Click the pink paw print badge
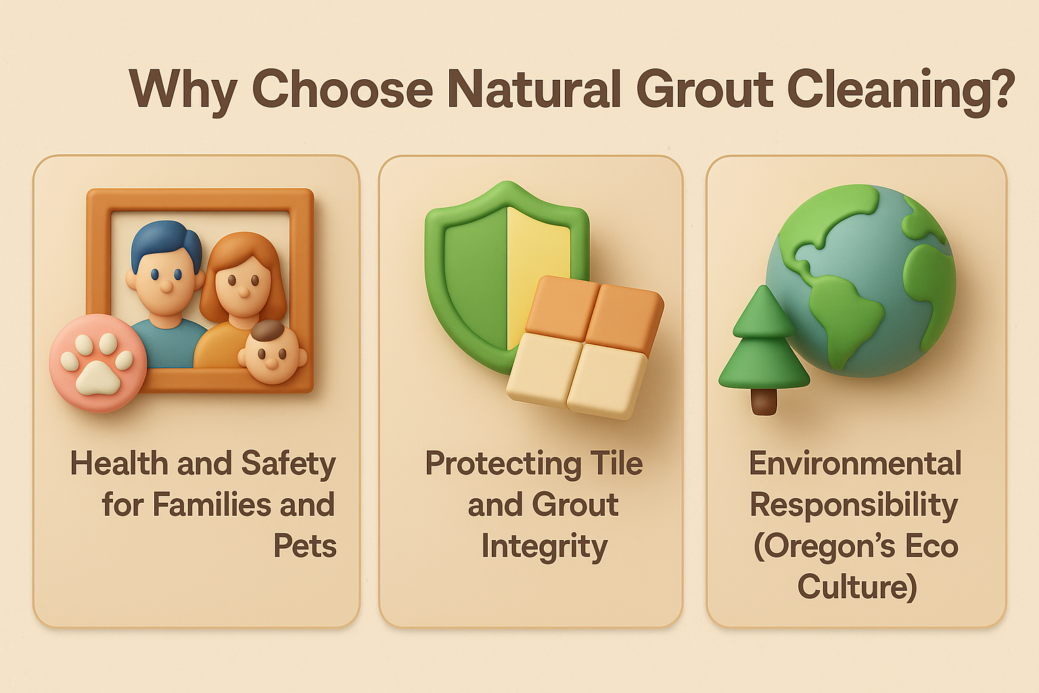pyautogui.click(x=98, y=363)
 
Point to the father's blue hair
pyautogui.click(x=166, y=244)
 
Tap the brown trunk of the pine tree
pyautogui.click(x=764, y=401)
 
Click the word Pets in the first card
pyautogui.click(x=305, y=545)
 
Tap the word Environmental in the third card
pyautogui.click(x=855, y=463)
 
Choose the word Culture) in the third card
pyautogui.click(x=857, y=587)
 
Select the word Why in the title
pyautogui.click(x=183, y=91)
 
